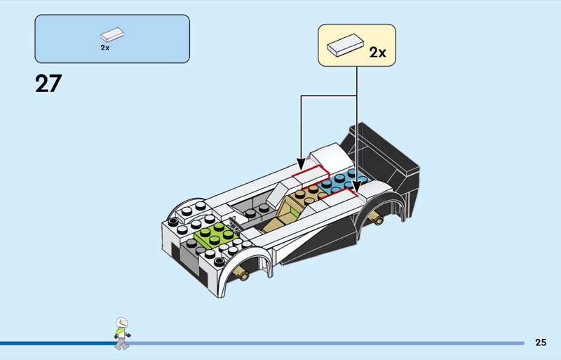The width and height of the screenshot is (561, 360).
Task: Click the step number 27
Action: pyautogui.click(x=48, y=84)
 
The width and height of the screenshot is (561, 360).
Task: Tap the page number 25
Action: pyautogui.click(x=540, y=342)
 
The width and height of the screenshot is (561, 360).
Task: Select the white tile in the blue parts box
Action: pyautogui.click(x=112, y=34)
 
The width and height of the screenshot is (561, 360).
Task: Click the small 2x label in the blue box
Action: pyautogui.click(x=104, y=48)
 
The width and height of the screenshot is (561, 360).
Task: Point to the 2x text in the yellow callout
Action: pyautogui.click(x=377, y=53)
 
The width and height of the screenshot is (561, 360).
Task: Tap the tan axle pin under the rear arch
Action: pyautogui.click(x=379, y=218)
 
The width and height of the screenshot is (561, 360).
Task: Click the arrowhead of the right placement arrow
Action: pyautogui.click(x=356, y=187)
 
